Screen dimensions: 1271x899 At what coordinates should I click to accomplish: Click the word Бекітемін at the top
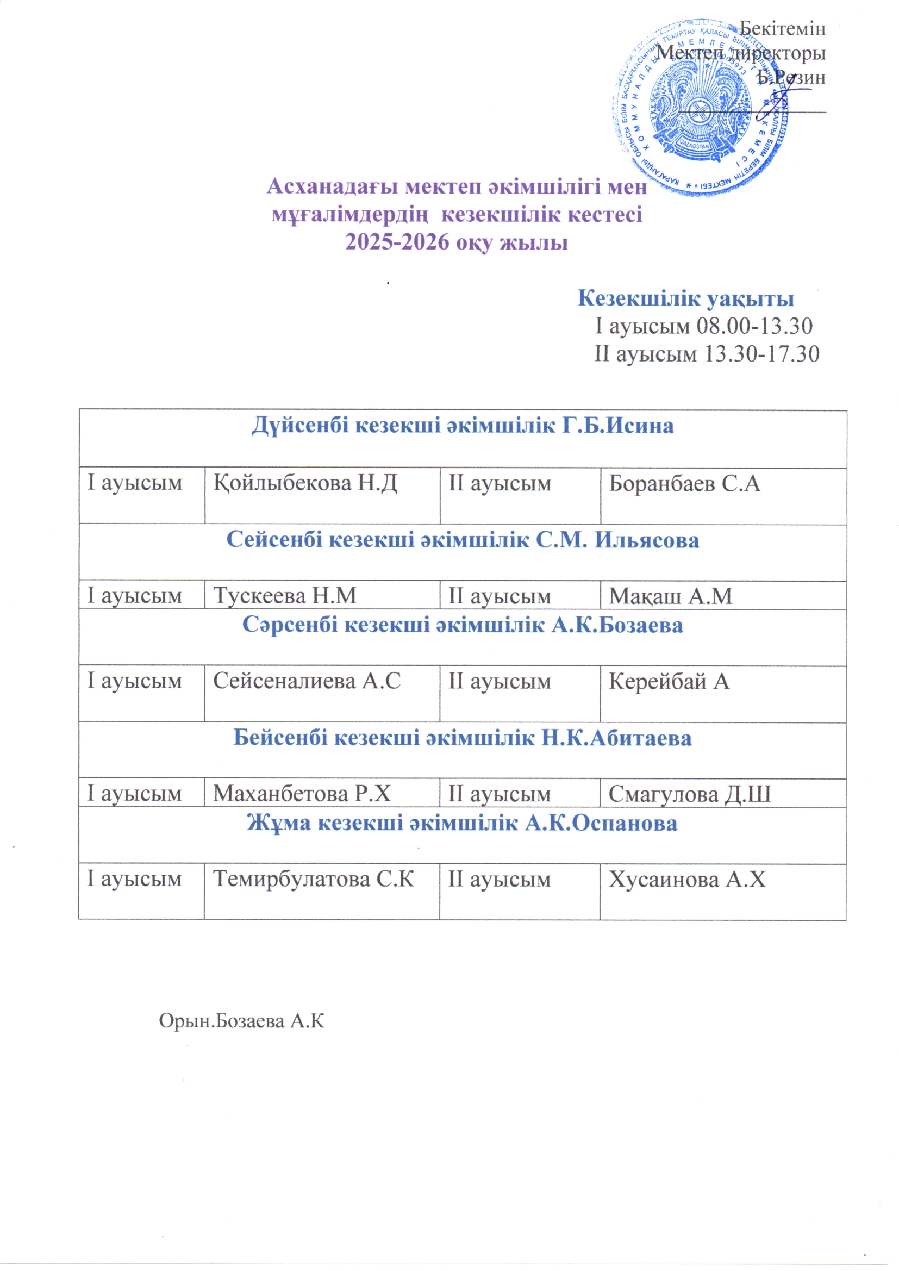click(782, 29)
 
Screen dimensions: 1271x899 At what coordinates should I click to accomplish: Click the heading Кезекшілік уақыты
click(686, 298)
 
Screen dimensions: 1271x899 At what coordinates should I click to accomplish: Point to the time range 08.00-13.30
click(754, 326)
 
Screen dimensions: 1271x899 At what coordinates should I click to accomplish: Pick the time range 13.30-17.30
click(760, 354)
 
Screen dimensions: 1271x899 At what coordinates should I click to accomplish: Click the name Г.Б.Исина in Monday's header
click(618, 426)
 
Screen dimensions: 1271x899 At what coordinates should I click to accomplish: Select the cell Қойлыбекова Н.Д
click(305, 483)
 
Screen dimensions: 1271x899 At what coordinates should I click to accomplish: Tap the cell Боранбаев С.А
click(684, 483)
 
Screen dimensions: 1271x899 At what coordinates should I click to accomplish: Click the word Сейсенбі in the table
click(274, 540)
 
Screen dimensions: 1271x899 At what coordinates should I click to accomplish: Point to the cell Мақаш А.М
click(670, 596)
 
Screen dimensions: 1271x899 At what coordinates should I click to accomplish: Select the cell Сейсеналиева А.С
click(307, 681)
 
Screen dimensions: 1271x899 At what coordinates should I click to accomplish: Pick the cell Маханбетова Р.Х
click(302, 794)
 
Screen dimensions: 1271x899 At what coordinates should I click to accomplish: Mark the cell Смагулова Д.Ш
click(689, 794)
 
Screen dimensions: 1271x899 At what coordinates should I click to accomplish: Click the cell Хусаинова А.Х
click(687, 879)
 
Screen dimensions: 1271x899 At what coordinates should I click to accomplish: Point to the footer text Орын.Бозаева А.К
click(241, 1021)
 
